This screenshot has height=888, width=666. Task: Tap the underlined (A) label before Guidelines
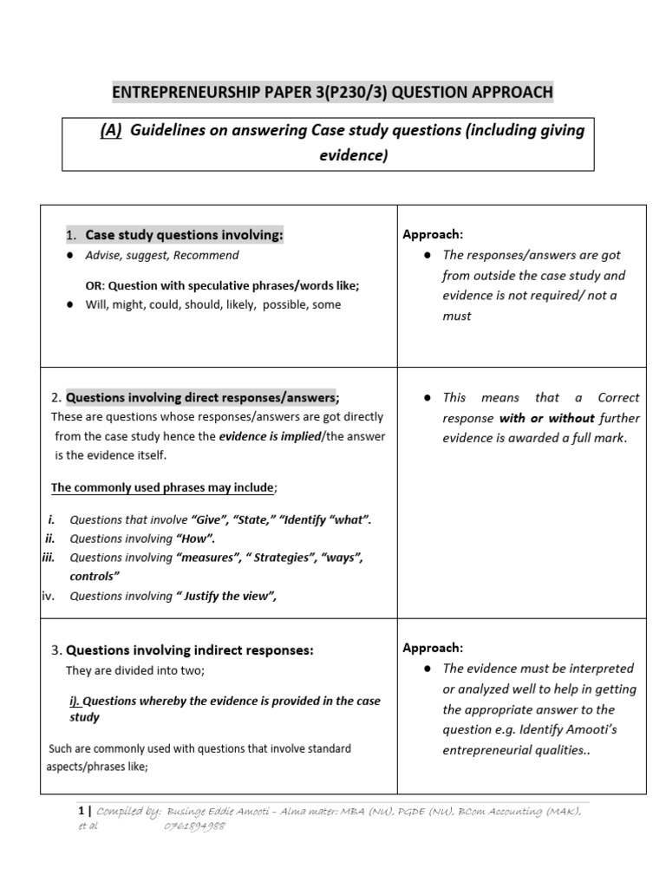tap(111, 130)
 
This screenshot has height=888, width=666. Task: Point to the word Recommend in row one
tap(210, 256)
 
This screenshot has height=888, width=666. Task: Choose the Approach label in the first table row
tap(433, 235)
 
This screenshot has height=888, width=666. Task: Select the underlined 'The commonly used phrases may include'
tap(162, 488)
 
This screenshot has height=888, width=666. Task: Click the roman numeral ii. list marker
tap(50, 539)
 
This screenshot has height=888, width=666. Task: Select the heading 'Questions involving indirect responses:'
tap(190, 650)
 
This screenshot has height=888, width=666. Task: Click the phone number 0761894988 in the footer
tap(195, 826)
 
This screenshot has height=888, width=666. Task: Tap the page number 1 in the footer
tap(82, 812)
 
